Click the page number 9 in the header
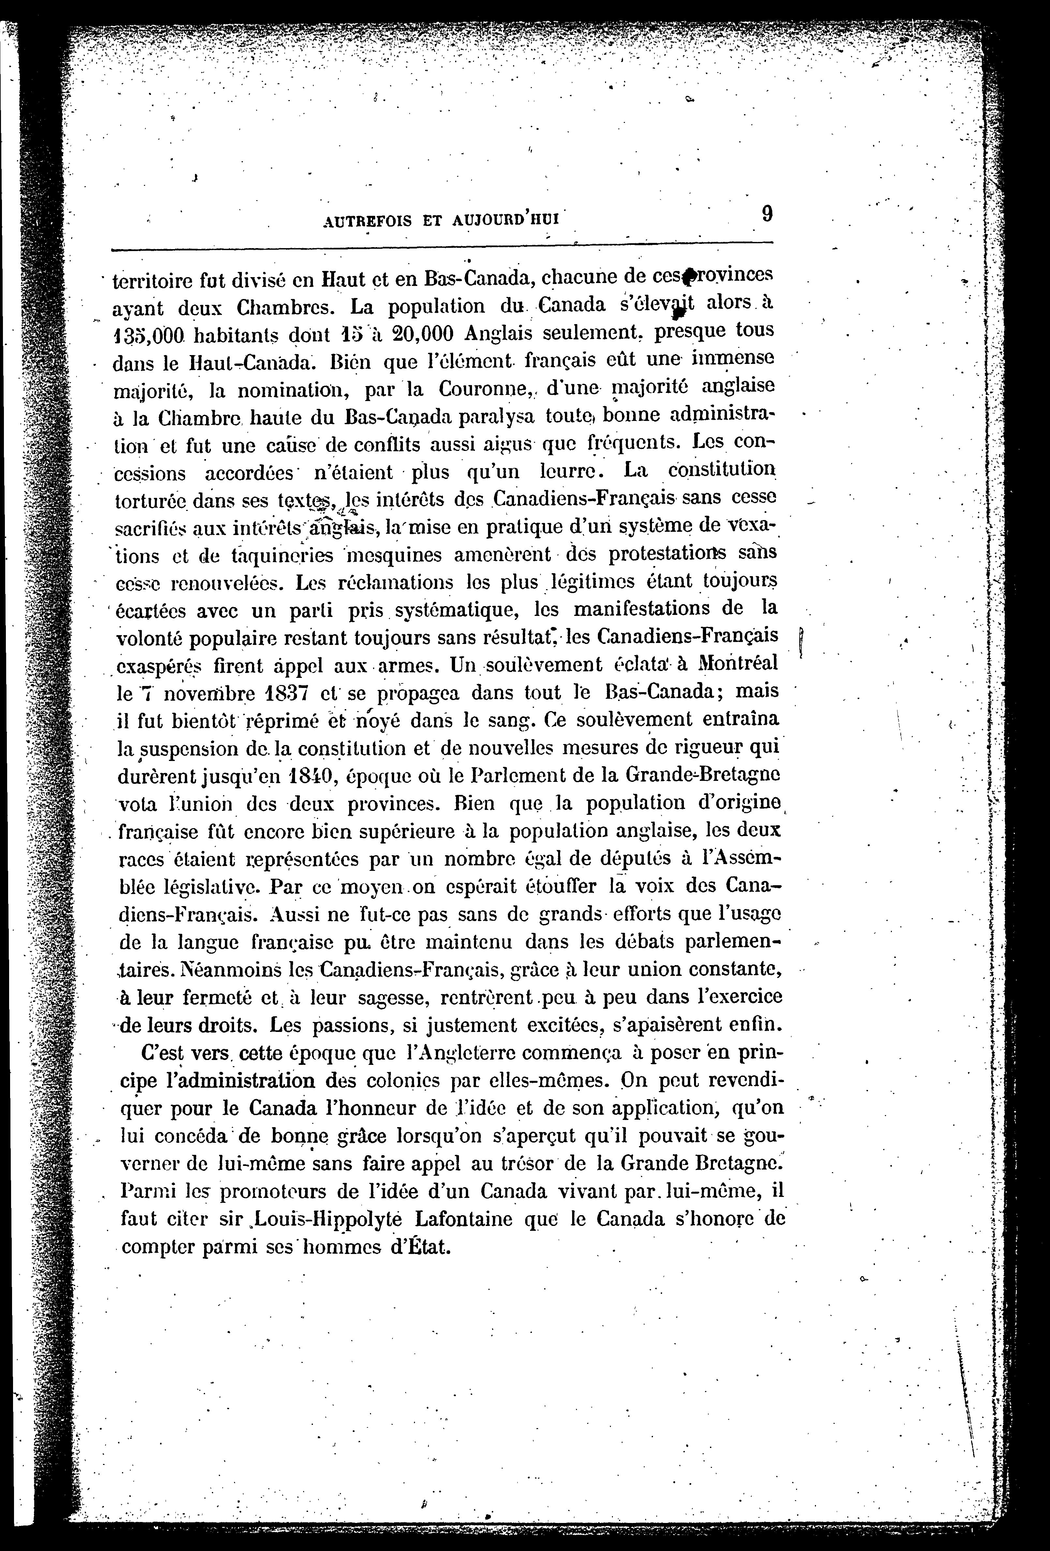tap(766, 214)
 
